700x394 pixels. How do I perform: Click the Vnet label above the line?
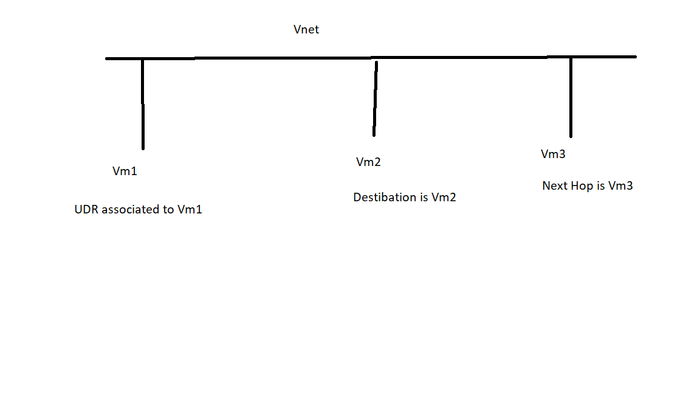click(306, 30)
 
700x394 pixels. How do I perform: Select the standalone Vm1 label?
click(125, 171)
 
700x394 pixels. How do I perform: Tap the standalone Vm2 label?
click(368, 162)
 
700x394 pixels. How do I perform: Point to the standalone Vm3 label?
click(553, 154)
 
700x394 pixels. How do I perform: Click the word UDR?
click(86, 210)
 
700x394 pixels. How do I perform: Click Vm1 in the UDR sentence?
click(190, 210)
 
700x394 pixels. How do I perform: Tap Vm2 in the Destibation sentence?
click(444, 198)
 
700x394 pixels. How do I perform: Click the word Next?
click(554, 186)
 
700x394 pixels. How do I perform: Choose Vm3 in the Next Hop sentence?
click(620, 186)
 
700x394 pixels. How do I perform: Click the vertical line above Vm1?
click(143, 103)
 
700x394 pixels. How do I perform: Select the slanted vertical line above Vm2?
click(375, 97)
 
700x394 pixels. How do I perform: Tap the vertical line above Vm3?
click(571, 97)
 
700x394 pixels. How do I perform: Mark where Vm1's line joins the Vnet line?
click(143, 59)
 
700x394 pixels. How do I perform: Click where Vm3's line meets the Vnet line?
click(571, 57)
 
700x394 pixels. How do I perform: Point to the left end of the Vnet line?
click(108, 59)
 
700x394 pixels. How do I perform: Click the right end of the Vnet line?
click(634, 57)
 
